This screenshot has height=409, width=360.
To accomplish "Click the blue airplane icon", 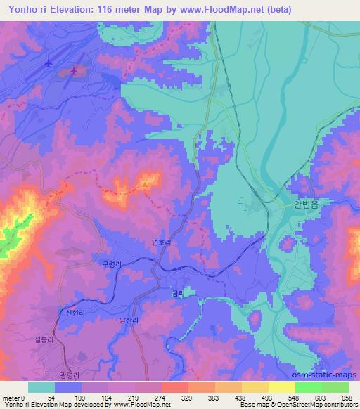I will pos(48,63).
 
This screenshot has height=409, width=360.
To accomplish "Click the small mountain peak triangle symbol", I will pos(145,184).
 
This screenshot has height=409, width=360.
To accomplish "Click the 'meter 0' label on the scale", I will pos(13,397).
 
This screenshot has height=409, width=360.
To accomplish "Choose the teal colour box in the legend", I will pos(41,387).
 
